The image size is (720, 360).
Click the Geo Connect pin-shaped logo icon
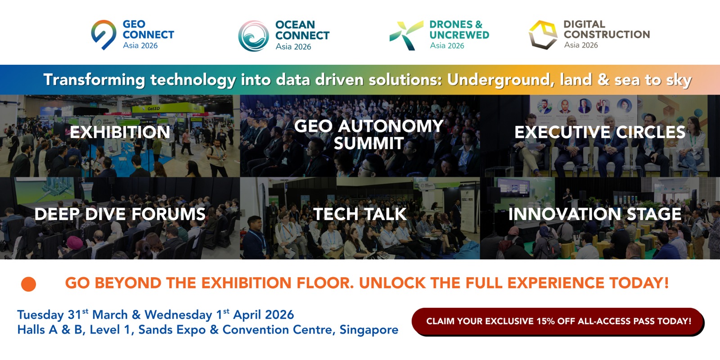coord(103,35)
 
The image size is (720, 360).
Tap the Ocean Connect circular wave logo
coord(254,36)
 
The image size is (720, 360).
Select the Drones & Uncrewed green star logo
coord(406,36)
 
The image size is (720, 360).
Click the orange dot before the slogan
coord(29,284)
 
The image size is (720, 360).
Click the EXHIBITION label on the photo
coord(120,132)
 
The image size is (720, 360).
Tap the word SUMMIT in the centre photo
coord(369,144)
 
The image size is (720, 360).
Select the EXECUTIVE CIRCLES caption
coord(600,132)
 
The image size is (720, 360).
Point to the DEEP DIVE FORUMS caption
coord(120,214)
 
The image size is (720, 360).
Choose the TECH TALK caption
coord(360,214)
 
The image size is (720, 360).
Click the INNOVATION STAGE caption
coord(595,214)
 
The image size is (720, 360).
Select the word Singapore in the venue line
coord(369,330)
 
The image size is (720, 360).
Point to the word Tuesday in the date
coord(40,315)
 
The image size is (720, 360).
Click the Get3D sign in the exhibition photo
coord(153,108)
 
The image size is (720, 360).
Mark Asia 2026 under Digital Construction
coord(581,45)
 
